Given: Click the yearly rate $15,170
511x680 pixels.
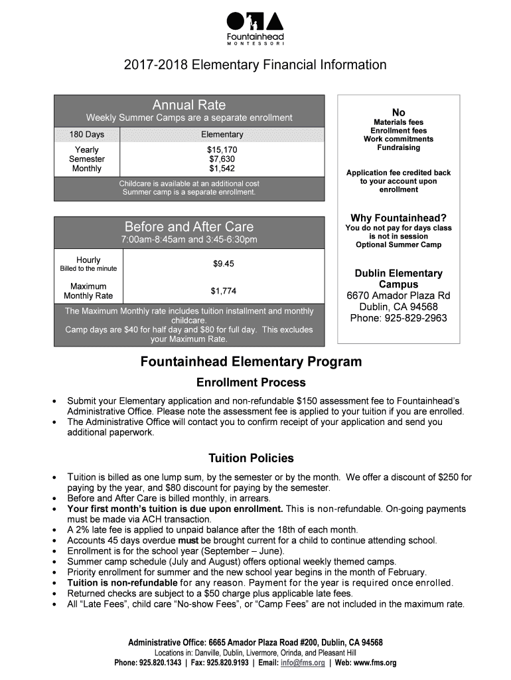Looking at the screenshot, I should pyautogui.click(x=222, y=150).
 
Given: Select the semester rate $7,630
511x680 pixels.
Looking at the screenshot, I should pyautogui.click(x=222, y=159).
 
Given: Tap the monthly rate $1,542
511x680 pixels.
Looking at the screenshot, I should pyautogui.click(x=222, y=169).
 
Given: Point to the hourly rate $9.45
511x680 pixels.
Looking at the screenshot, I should pyautogui.click(x=223, y=264).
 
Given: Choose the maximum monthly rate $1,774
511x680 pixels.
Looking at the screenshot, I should pyautogui.click(x=223, y=291).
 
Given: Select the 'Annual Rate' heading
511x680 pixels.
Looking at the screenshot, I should pyautogui.click(x=189, y=105).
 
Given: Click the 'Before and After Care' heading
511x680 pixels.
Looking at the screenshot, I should pyautogui.click(x=189, y=226).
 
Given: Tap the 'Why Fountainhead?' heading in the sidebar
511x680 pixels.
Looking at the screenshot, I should pyautogui.click(x=398, y=218).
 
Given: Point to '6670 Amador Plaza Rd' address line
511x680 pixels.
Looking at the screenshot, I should pyautogui.click(x=398, y=296).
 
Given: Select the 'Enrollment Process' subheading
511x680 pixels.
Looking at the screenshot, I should pyautogui.click(x=251, y=382).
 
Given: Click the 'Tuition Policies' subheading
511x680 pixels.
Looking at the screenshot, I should pyautogui.click(x=251, y=458).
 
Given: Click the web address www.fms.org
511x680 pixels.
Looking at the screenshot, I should pyautogui.click(x=376, y=663).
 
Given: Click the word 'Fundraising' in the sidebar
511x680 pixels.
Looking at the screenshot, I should pyautogui.click(x=398, y=147).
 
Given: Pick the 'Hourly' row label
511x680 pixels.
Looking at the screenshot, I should pyautogui.click(x=88, y=260).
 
